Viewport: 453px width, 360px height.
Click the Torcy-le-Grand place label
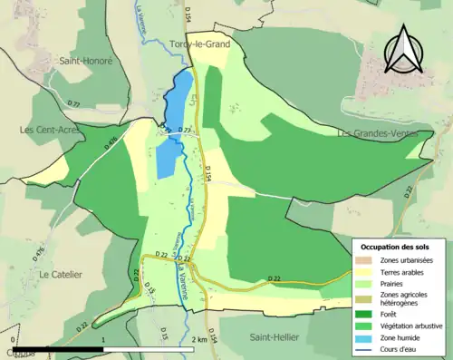point(199,44)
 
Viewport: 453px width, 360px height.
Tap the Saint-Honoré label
point(85,61)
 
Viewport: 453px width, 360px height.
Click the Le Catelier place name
point(61,274)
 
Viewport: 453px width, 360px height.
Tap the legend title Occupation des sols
point(395,247)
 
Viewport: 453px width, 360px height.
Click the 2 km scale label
point(200,339)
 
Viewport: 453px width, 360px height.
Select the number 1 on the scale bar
point(104,339)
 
